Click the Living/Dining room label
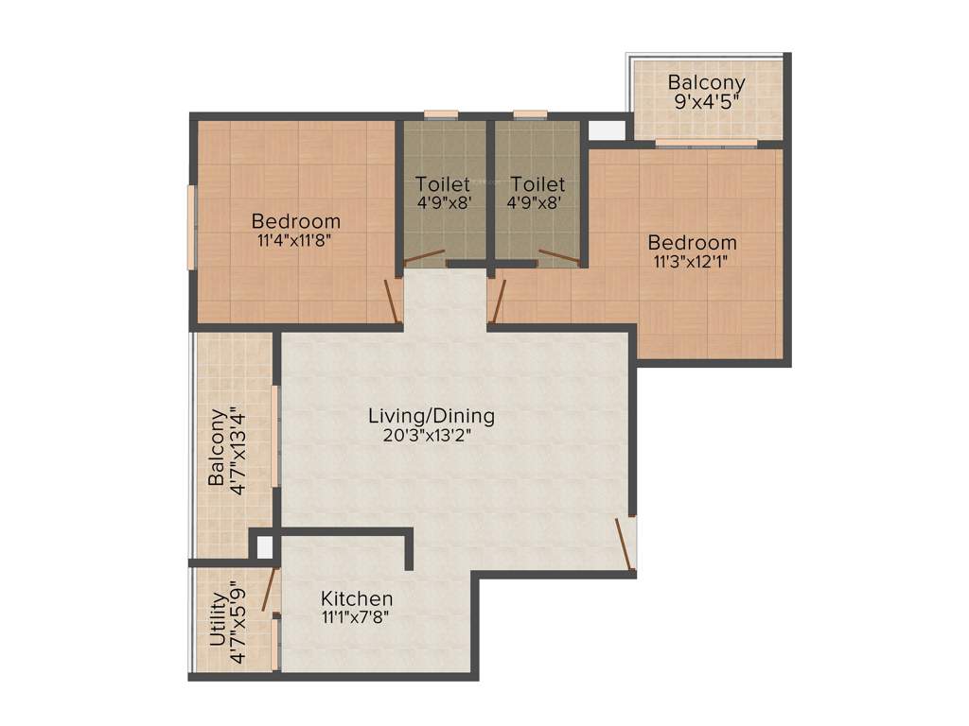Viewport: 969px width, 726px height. [432, 415]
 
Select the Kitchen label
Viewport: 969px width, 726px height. [357, 599]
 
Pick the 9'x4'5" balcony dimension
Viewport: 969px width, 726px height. [706, 101]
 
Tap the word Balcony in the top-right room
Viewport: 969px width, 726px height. [706, 82]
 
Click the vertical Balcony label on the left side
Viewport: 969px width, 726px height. [217, 447]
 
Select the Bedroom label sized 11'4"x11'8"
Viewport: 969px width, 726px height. [295, 221]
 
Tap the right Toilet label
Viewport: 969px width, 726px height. [537, 184]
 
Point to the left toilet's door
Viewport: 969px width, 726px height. [425, 256]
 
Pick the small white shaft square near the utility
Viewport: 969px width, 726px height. [264, 547]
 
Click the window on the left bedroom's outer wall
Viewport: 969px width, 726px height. [191, 227]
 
